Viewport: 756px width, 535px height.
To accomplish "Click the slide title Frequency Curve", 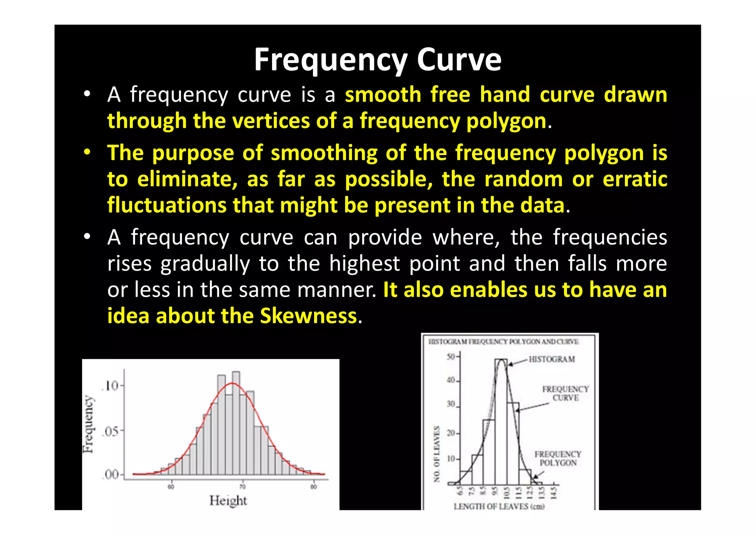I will coord(378,60).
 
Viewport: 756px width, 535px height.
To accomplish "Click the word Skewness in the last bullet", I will coord(308,316).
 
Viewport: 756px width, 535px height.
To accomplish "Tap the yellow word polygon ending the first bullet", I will coord(506,121).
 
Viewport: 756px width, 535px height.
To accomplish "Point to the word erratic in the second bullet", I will coord(635,180).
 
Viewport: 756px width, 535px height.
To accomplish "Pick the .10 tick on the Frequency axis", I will coord(110,386).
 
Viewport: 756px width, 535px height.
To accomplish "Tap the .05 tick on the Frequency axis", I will coord(110,431).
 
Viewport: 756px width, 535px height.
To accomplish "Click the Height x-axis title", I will coord(228,501).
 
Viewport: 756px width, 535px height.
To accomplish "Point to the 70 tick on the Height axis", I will coord(243,487).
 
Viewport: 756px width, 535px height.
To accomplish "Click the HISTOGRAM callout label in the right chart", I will coord(551,359).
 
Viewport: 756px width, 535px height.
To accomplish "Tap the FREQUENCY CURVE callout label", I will coord(565,393).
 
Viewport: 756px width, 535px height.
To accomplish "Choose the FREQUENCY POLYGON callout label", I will coord(558,459).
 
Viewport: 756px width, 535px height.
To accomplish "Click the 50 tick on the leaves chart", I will coord(451,357).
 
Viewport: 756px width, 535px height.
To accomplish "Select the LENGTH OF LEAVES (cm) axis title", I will coord(499,506).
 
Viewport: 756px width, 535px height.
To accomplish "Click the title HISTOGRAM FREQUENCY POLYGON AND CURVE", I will coord(504,342).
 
